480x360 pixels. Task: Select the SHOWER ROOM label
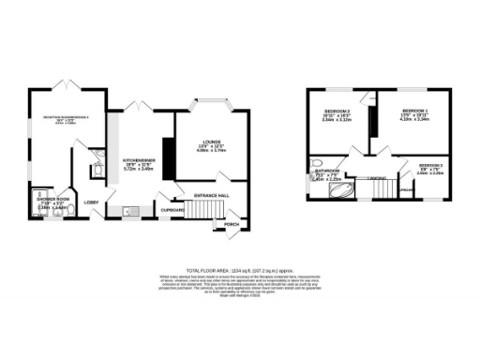(52, 200)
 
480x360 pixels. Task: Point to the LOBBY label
(92, 202)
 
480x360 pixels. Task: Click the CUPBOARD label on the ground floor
(172, 210)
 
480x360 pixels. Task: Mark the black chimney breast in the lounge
(169, 154)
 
